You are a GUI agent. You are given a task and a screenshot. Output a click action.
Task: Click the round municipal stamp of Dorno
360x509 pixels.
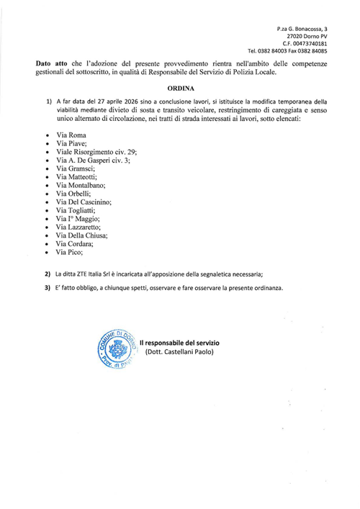114,350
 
